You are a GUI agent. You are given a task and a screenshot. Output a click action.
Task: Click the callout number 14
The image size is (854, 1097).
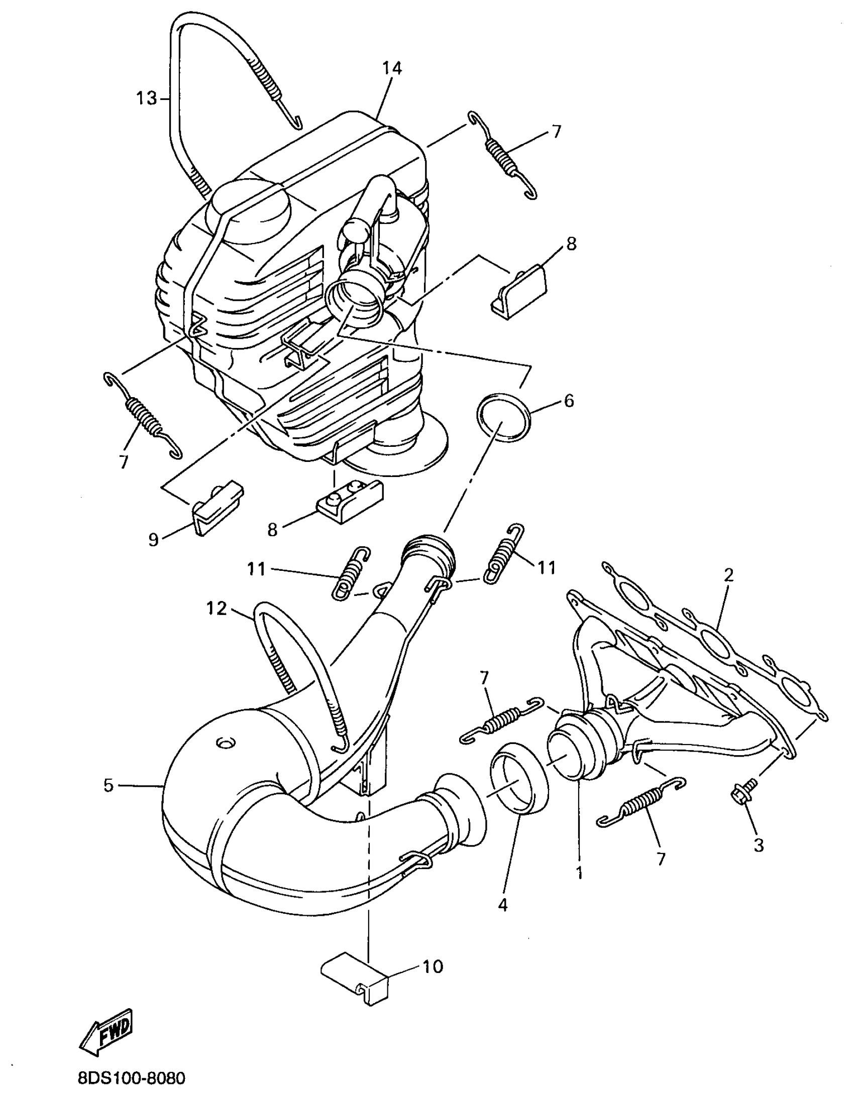point(392,68)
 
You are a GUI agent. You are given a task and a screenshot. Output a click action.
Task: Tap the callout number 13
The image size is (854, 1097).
point(147,98)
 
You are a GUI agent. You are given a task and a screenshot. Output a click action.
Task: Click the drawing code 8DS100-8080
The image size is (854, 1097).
point(132,1078)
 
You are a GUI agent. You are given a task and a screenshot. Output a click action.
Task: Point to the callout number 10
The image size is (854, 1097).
point(433,966)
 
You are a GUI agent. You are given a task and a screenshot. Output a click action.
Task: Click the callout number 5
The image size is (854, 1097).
point(109,785)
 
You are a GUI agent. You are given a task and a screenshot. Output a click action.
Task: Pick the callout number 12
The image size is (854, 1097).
point(217,608)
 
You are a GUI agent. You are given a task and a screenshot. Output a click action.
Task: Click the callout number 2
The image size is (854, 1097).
point(728,575)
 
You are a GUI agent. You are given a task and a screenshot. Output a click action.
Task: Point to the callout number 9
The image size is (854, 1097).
point(153,539)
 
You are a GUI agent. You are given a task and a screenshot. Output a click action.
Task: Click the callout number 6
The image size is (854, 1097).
point(568,401)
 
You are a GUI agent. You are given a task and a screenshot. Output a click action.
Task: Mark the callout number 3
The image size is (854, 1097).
point(758,845)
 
